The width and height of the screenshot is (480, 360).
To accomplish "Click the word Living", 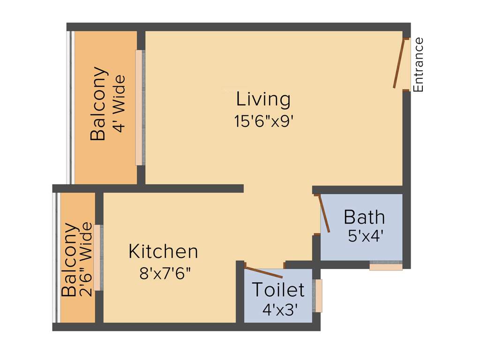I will [x=263, y=99].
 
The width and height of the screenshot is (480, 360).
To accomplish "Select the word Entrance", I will [x=418, y=65].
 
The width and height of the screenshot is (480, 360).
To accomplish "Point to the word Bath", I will [x=364, y=217].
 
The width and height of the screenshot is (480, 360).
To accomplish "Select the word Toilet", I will [x=278, y=290].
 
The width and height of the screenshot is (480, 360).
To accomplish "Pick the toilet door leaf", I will [x=264, y=272].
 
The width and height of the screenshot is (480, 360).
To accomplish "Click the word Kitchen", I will [x=163, y=252].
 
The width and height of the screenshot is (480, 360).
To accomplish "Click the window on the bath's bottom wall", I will [x=386, y=266].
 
